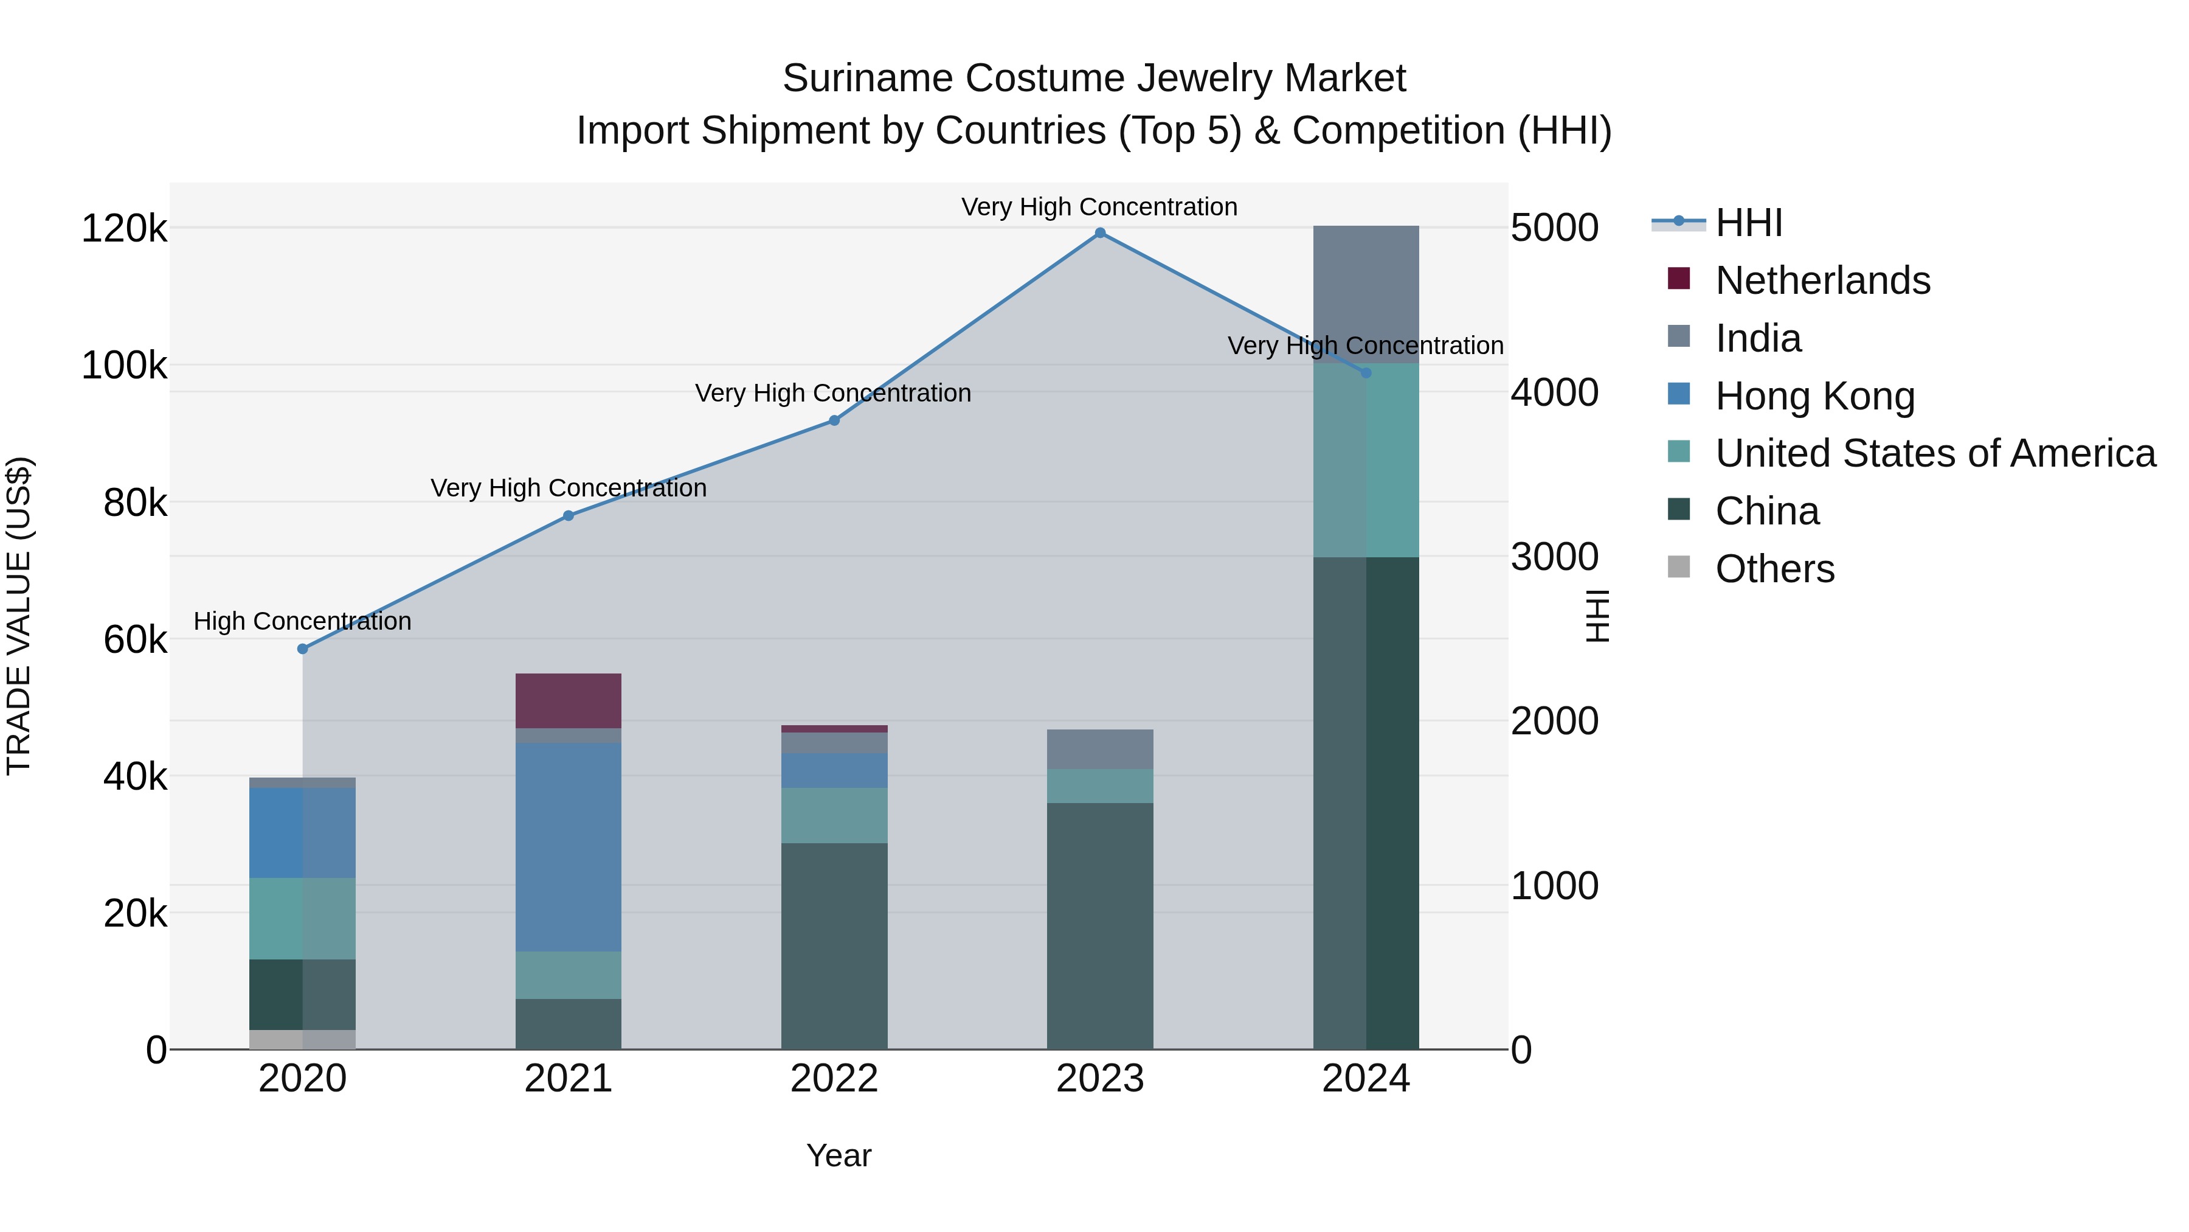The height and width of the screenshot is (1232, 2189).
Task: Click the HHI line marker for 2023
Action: [1099, 233]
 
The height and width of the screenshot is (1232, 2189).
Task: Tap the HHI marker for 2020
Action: [303, 649]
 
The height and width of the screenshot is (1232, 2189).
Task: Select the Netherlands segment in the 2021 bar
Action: [568, 701]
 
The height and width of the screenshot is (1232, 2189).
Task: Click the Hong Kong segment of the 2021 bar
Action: [568, 847]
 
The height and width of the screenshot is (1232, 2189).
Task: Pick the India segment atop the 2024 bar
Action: [1366, 294]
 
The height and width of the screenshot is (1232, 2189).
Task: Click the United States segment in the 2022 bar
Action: [834, 815]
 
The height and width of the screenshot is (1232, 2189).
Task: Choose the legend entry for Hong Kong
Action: [1814, 396]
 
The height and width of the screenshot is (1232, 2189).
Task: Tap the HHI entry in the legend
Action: [1748, 223]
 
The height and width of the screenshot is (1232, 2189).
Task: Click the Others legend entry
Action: [1774, 569]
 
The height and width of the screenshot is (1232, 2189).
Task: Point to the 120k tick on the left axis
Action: [124, 229]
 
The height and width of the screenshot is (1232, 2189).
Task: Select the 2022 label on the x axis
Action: [834, 1079]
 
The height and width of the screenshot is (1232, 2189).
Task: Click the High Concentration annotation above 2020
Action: [303, 622]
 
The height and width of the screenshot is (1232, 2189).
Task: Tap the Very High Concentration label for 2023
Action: [1099, 207]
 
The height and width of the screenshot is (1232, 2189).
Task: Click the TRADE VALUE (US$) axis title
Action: [19, 616]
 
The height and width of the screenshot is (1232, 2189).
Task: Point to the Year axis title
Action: [838, 1155]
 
